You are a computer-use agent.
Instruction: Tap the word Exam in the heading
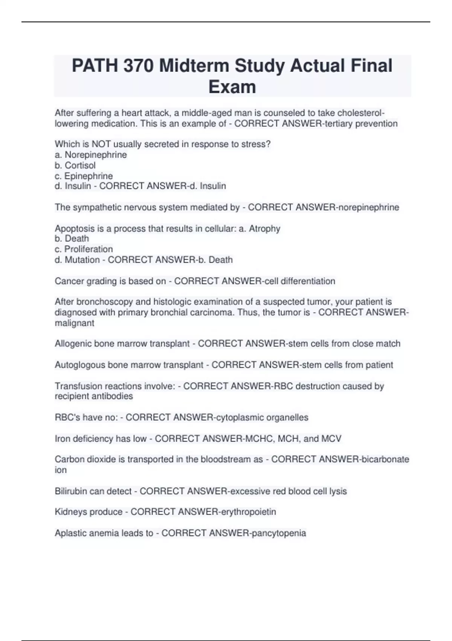point(232,87)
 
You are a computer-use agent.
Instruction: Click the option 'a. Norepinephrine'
point(91,155)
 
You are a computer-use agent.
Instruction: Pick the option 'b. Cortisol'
point(75,165)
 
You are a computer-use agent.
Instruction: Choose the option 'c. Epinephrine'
point(84,176)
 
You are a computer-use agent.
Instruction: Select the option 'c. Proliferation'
point(84,249)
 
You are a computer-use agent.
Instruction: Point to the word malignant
point(75,323)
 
